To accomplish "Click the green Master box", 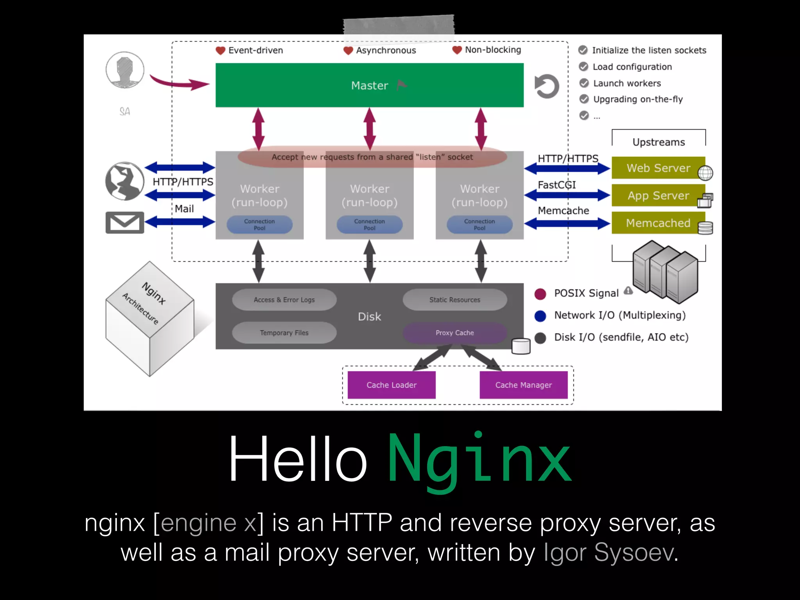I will pos(369,85).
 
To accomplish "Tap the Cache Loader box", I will pos(391,385).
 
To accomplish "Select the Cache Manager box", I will pos(523,385).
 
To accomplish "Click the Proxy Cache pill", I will pos(455,333).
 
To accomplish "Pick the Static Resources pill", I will pos(455,300).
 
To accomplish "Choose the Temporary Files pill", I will pos(284,333).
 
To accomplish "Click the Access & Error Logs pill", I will pos(284,300).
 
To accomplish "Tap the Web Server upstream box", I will pos(658,168).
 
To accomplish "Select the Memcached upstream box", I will pos(658,223).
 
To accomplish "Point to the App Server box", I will pos(658,195).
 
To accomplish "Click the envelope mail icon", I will pos(125,223).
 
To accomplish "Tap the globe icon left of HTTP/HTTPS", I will pos(125,181).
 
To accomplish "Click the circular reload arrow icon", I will pos(547,86).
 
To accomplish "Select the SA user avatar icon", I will pos(125,70).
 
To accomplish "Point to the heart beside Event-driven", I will pos(220,50).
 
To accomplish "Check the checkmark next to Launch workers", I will pos(584,83).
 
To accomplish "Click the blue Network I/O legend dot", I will pos(540,316).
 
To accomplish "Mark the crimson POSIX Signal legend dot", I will pos(540,294).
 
